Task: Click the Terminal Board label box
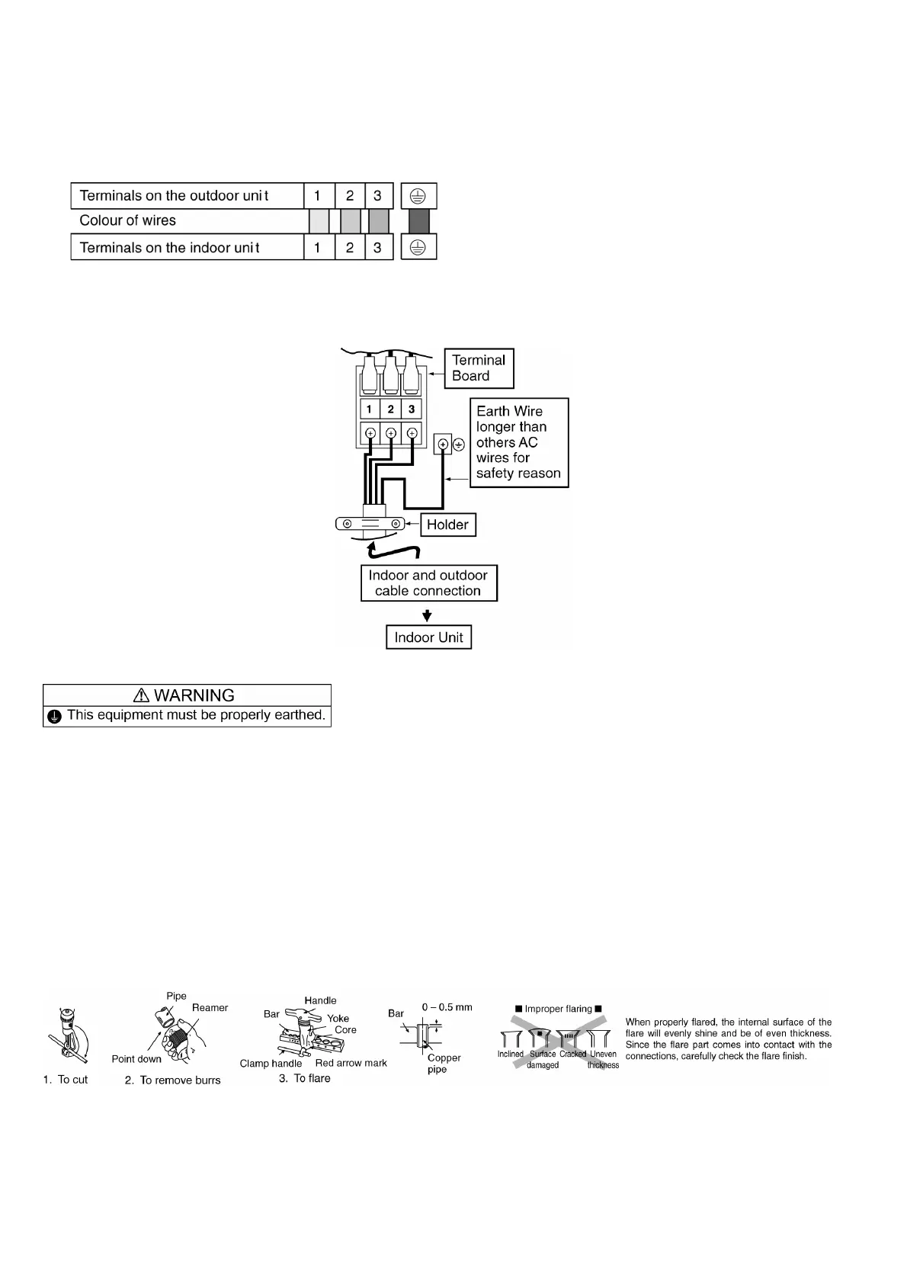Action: tap(479, 368)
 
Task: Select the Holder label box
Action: tap(447, 525)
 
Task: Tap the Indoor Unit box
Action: tap(428, 637)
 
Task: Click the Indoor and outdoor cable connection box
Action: tap(428, 583)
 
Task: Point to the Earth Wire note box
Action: tap(518, 442)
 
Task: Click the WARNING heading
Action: tap(187, 695)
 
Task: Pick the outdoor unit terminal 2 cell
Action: tap(350, 196)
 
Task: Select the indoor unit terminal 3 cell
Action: tap(377, 247)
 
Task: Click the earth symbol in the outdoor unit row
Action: tap(418, 196)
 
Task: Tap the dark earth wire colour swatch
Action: tap(418, 221)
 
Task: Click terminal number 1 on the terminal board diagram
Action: tap(370, 409)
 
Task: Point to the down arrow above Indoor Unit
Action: tap(428, 615)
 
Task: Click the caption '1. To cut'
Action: tap(66, 1080)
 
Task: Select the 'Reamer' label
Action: tap(210, 1008)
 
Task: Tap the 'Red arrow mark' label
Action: tap(351, 1063)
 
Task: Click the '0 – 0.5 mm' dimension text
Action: tap(447, 1007)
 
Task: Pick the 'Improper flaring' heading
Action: tap(558, 1009)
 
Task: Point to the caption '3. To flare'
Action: tap(304, 1078)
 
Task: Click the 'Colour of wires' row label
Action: tap(128, 221)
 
